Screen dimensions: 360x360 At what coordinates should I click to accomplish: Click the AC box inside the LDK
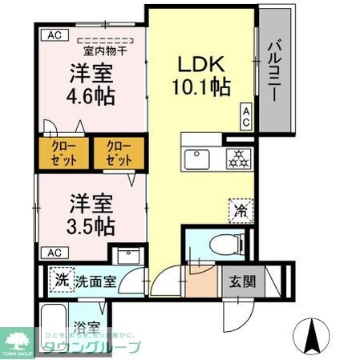point(246,117)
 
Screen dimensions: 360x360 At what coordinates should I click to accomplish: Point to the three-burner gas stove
point(237,158)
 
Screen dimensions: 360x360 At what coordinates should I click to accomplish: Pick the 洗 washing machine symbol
point(61,281)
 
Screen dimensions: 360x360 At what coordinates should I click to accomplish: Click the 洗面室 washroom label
point(97,282)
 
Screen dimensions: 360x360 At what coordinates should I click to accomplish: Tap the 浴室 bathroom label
point(88,326)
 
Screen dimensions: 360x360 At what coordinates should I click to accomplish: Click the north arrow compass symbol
point(309,333)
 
